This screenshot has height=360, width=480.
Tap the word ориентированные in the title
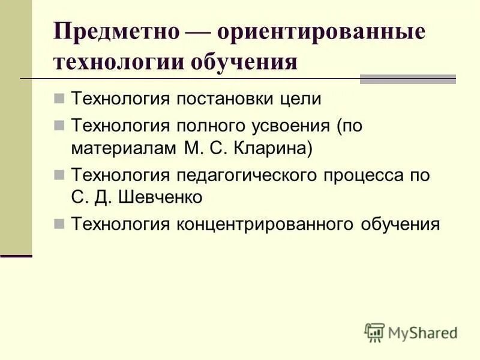point(321,32)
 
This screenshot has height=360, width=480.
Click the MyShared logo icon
point(374,332)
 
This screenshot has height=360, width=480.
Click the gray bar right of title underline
point(407,79)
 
